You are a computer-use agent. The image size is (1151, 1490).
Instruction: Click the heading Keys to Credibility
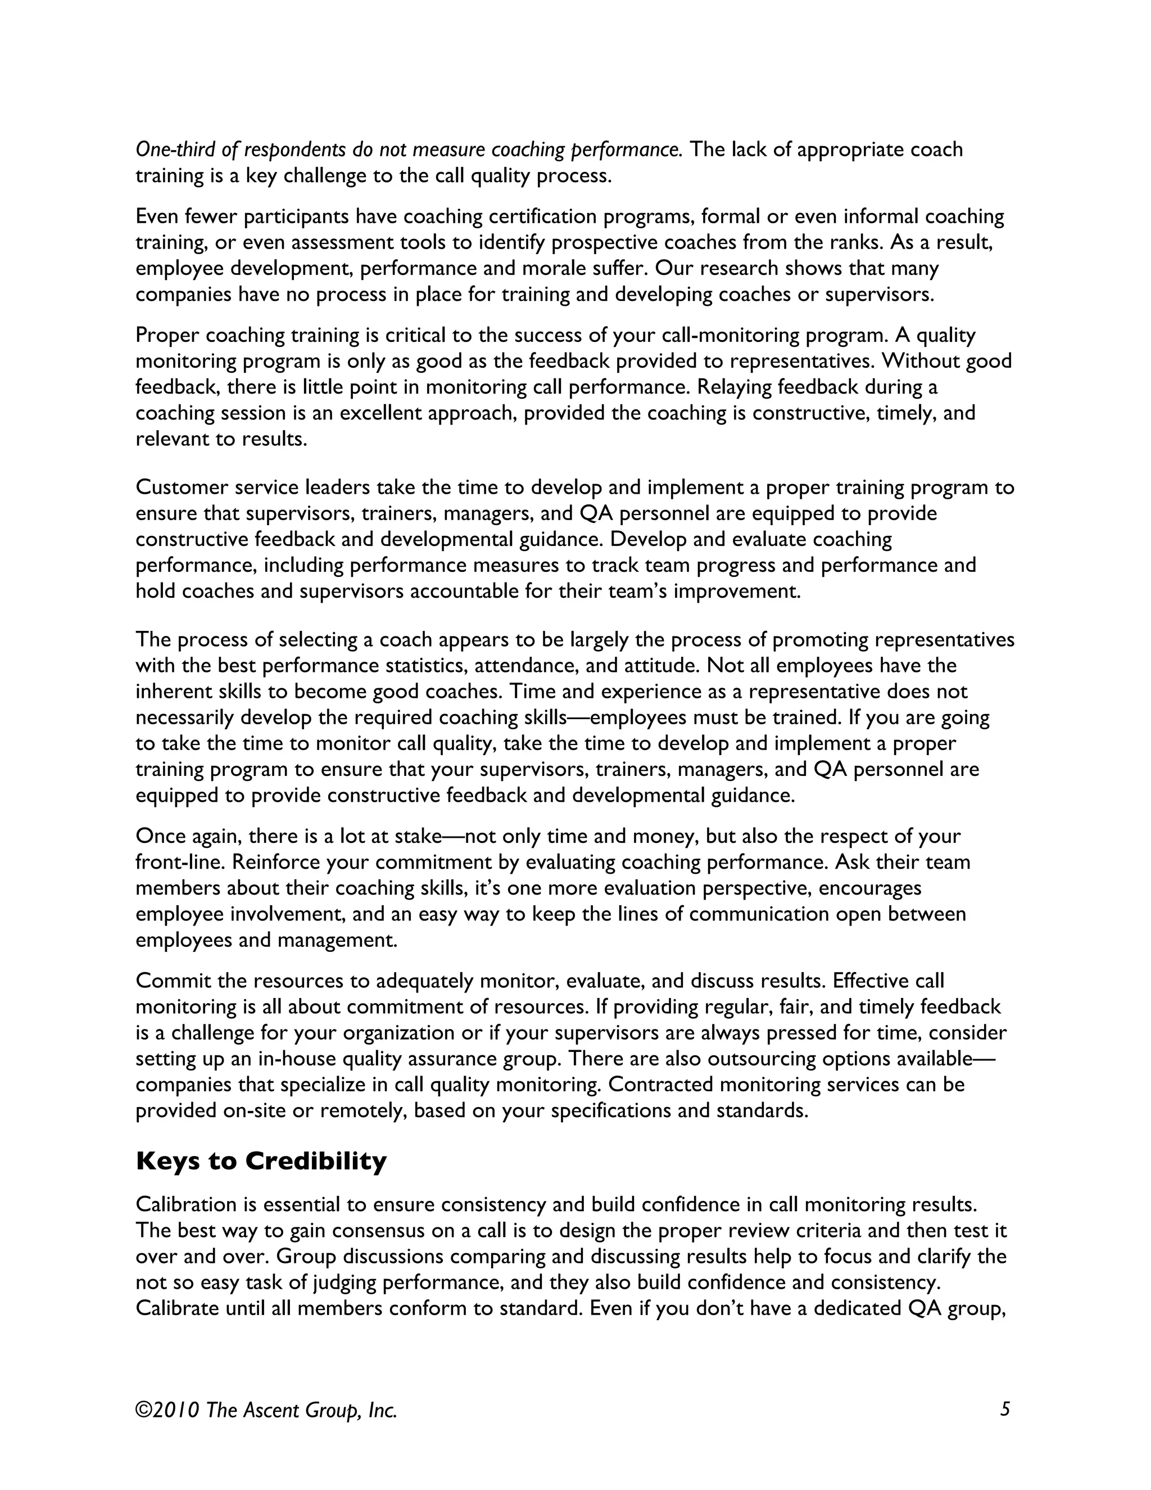261,1161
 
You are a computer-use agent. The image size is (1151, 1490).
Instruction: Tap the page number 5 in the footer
1004,1409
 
